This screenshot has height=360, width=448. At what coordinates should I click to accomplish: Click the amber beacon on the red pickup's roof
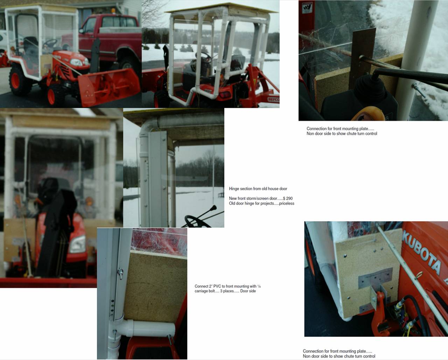[x=113, y=11]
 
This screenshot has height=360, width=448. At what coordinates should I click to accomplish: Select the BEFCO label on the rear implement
[x=273, y=99]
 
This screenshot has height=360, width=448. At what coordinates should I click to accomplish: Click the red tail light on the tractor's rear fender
[x=225, y=95]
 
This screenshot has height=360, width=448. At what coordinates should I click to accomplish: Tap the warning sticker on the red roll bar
[x=307, y=8]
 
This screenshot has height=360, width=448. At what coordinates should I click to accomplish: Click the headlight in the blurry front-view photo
[x=77, y=244]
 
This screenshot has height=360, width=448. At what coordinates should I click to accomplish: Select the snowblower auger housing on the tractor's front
[x=109, y=87]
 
